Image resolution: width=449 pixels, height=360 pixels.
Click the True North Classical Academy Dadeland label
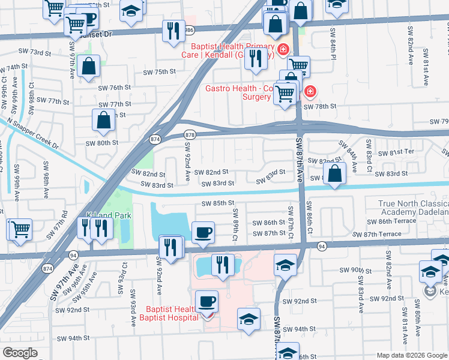(413, 208)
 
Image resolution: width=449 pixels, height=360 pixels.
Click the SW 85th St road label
(217, 203)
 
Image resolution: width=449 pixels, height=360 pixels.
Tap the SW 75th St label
(158, 72)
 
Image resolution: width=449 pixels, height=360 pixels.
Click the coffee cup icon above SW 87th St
(203, 232)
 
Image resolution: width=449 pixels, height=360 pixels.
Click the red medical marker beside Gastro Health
(310, 92)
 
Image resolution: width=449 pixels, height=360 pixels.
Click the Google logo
(20, 353)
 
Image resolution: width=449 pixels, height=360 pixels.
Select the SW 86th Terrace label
(391, 221)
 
